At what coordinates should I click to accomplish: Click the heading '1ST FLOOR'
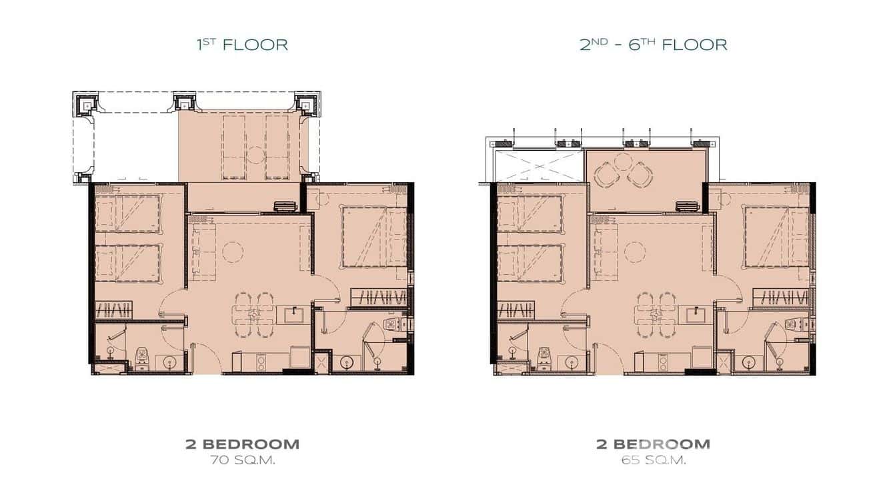[242, 45]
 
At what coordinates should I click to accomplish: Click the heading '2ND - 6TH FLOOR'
[653, 45]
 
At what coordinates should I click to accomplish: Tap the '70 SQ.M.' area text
[242, 460]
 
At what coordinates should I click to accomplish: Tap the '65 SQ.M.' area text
[653, 460]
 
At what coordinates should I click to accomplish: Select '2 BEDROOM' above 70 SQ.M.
[242, 444]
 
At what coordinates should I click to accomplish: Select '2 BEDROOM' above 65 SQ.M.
[653, 444]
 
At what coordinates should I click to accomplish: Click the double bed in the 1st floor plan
[374, 237]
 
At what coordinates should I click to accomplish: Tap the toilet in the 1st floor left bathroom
[141, 357]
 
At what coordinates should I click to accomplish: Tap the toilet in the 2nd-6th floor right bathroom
[792, 324]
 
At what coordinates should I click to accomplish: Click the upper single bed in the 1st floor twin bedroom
[127, 213]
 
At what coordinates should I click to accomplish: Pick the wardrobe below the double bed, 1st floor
[378, 298]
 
